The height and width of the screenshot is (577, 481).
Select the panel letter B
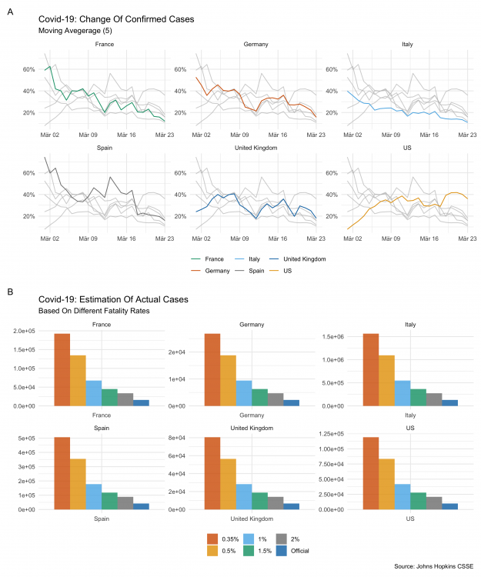[9, 292]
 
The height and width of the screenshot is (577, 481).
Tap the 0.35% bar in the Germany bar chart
[212, 369]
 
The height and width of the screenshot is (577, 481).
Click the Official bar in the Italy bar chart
[449, 402]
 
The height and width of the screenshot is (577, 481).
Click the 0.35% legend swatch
[213, 538]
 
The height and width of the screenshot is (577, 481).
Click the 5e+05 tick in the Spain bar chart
[38, 438]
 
